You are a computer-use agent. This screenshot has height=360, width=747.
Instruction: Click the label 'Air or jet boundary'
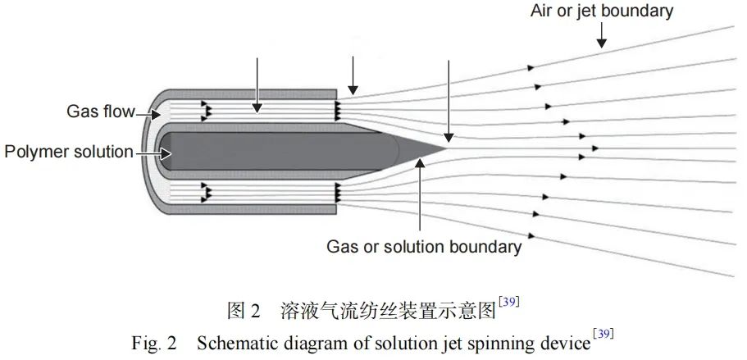[x=601, y=11]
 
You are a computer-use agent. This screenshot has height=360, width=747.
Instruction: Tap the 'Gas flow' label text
[x=100, y=112]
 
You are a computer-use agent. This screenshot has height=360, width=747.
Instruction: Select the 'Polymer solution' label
[x=68, y=153]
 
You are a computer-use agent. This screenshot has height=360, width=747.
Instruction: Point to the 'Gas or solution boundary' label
[x=424, y=246]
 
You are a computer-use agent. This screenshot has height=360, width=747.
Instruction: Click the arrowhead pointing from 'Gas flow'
[x=153, y=114]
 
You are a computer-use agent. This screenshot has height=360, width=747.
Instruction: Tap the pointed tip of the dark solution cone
[x=448, y=149]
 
